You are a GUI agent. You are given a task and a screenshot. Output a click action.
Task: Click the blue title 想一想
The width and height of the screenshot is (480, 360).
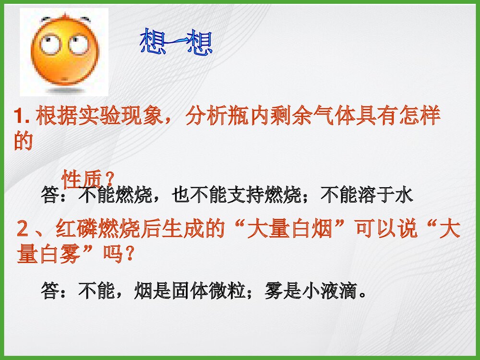(x=176, y=42)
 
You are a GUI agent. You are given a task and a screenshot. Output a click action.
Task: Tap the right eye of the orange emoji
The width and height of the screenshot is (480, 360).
(x=78, y=44)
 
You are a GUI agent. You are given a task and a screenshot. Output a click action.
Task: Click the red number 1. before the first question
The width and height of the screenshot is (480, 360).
(x=23, y=117)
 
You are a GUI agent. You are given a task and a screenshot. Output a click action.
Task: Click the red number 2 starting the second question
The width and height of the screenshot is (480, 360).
(x=22, y=230)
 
